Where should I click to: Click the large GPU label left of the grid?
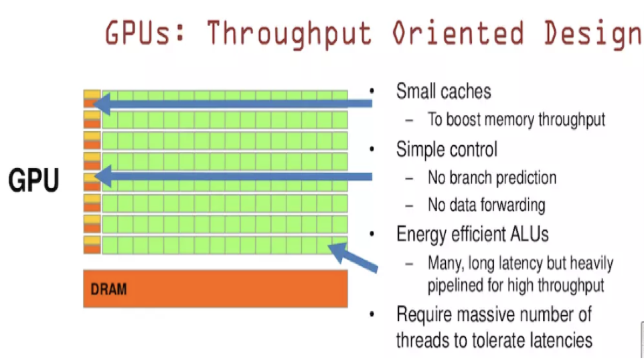[33, 180]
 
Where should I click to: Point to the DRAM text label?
[108, 289]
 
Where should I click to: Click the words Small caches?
[444, 91]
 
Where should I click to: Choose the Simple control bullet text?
[447, 149]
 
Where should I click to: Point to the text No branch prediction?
[492, 178]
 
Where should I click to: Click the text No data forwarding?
[487, 205]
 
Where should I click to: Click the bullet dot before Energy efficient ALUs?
[372, 234]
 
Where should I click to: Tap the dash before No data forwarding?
[408, 205]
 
